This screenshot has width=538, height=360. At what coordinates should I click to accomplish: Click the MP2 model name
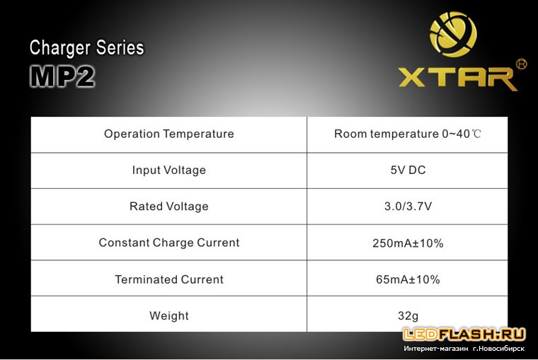(x=62, y=76)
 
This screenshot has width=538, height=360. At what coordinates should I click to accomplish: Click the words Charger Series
(x=86, y=47)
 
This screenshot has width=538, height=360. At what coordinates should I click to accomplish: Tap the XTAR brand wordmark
(x=458, y=79)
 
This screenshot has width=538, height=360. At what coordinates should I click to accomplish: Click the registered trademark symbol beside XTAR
(x=521, y=64)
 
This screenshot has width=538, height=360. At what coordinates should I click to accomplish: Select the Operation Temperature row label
(x=168, y=134)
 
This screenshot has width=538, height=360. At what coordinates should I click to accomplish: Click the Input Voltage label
(x=168, y=170)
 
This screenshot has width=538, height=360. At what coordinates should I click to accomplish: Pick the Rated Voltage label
(x=168, y=207)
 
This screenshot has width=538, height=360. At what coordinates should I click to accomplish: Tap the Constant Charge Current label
(x=168, y=243)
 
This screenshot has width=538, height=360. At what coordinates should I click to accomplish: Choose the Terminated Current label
(x=168, y=279)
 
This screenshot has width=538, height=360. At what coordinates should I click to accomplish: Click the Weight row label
(x=168, y=315)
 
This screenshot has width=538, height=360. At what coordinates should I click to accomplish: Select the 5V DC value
(x=408, y=170)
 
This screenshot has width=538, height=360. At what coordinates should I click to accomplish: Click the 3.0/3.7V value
(x=408, y=207)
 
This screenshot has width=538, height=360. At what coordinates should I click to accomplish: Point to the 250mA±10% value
(x=408, y=243)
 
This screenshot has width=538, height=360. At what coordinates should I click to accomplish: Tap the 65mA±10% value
(x=408, y=279)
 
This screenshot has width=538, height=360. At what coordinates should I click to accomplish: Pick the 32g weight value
(x=408, y=315)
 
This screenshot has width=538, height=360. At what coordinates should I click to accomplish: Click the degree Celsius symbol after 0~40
(x=476, y=134)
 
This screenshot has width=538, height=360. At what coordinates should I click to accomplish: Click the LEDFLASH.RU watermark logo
(x=464, y=335)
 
